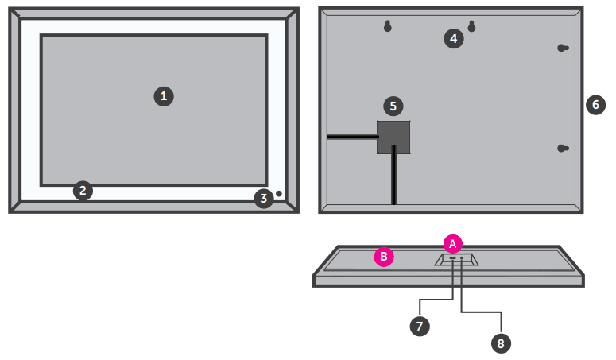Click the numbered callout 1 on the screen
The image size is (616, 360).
pos(164,96)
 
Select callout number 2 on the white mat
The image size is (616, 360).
pos(83,191)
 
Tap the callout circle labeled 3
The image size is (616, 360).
pos(264,199)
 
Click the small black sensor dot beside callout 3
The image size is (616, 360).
pos(279,194)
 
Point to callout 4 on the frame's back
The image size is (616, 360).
pos(454,38)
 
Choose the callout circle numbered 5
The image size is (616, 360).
pos(393,106)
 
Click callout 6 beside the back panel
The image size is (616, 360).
pos(595,104)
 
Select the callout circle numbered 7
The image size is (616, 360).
pos(420,327)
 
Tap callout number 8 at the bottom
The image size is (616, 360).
pos(501,343)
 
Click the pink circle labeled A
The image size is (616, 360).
pos(452,244)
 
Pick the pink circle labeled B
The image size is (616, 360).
pos(384,257)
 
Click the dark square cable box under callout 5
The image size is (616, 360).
pos(393,137)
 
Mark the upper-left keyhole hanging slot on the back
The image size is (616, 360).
pos(388,26)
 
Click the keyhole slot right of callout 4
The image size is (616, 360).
pos(472,26)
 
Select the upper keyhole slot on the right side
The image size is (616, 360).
pos(563,48)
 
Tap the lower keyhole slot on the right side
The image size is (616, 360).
pos(563,149)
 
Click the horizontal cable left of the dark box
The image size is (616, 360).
pos(352,137)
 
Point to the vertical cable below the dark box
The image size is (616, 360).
pos(393,175)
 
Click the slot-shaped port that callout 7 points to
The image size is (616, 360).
pos(453,258)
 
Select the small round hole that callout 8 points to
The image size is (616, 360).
pos(462,258)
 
